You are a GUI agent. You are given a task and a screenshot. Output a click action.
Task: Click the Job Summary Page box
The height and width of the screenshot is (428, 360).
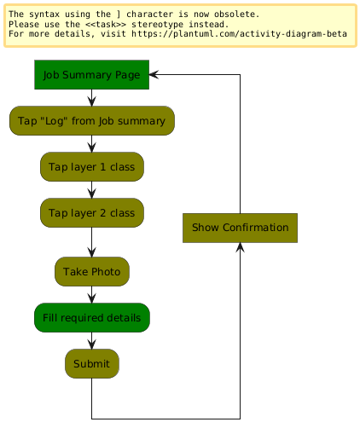[x=91, y=75]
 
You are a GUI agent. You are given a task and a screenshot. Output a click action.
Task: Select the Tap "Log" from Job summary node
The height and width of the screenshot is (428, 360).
[x=92, y=121]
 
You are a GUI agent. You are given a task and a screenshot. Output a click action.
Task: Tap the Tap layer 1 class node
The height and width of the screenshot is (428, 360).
[x=92, y=167]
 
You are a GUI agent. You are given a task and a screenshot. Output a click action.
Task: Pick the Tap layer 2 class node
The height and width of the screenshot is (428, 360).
[x=92, y=213]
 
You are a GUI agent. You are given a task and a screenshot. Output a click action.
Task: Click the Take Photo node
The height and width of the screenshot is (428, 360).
[x=92, y=272]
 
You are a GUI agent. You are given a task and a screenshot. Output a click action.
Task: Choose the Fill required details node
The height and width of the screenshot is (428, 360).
[x=92, y=318]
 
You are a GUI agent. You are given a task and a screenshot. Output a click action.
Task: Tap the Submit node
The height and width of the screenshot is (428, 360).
[x=92, y=364]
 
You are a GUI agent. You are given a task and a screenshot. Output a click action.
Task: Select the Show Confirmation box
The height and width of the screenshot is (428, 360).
[x=240, y=228]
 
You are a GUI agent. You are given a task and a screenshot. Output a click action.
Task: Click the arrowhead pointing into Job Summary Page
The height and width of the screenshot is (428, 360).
[x=154, y=74]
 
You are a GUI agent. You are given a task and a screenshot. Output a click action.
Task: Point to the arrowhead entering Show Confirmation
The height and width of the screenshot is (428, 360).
[x=240, y=247]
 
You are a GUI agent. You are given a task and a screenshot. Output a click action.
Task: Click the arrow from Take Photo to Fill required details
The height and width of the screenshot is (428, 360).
[x=91, y=295]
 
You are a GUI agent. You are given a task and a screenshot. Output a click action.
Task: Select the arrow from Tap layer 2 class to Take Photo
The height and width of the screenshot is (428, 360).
[x=91, y=242]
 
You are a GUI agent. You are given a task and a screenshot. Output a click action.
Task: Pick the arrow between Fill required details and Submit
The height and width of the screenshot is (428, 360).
[x=91, y=341]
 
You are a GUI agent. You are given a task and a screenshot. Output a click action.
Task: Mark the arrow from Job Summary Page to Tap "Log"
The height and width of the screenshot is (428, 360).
[x=91, y=98]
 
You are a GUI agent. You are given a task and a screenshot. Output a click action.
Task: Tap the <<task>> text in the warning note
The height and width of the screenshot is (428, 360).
[x=106, y=24]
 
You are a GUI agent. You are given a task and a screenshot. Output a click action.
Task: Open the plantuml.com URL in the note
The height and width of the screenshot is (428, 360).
[x=239, y=34]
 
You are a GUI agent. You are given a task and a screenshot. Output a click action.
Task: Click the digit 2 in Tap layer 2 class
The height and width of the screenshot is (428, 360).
[x=102, y=213]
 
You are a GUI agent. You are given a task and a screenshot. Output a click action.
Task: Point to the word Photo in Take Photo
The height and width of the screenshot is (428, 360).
[x=106, y=272]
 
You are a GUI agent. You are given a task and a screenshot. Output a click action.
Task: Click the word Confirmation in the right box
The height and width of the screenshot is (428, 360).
[x=256, y=228]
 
